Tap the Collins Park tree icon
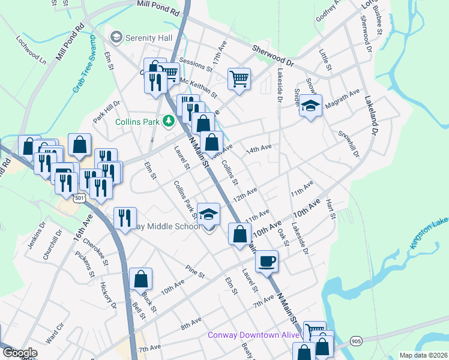point(169,121)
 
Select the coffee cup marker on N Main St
point(267,261)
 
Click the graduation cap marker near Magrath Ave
point(310,106)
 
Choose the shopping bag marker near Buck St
point(140,279)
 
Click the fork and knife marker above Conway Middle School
point(125,218)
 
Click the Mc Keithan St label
point(199,85)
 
